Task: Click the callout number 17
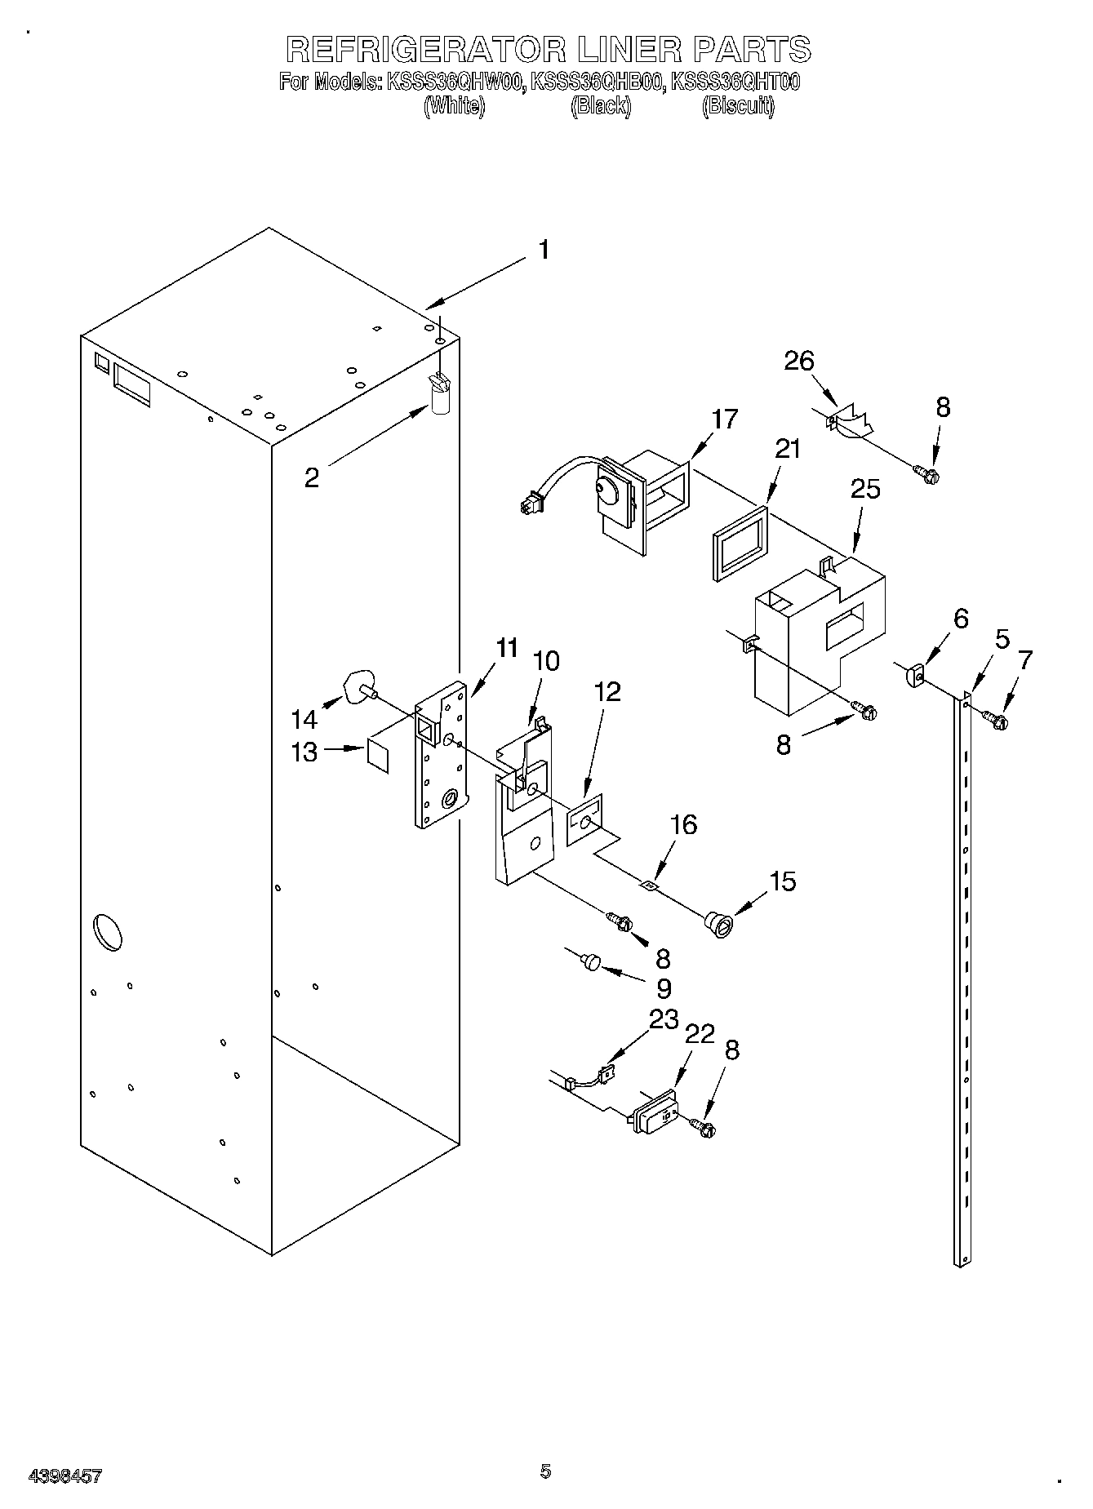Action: (x=724, y=419)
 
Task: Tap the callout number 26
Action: (x=799, y=361)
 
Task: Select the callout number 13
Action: (x=304, y=752)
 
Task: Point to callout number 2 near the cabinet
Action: (x=311, y=477)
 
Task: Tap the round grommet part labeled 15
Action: (x=718, y=924)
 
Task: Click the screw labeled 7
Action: (x=995, y=719)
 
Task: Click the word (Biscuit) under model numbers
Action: (x=738, y=106)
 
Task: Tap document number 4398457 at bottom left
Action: (x=65, y=1476)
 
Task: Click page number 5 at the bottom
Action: (x=545, y=1471)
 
